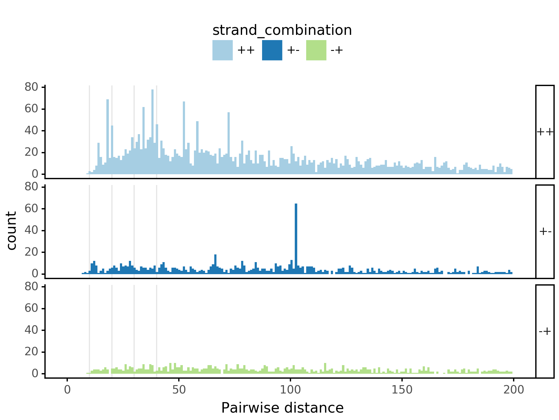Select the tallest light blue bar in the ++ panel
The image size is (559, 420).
click(x=152, y=133)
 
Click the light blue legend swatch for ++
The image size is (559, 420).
click(x=222, y=50)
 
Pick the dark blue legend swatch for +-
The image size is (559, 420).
click(x=272, y=50)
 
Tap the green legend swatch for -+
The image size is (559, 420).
click(x=316, y=50)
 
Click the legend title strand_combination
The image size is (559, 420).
click(x=282, y=30)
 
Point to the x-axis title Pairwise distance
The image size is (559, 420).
click(x=282, y=408)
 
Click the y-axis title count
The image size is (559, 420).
click(x=12, y=231)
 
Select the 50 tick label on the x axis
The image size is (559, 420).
click(x=179, y=390)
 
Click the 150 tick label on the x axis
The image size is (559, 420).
click(x=402, y=390)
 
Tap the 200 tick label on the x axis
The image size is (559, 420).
click(x=513, y=390)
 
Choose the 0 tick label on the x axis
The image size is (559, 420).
click(x=67, y=390)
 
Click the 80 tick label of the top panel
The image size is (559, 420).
click(x=31, y=87)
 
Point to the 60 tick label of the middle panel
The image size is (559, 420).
click(x=31, y=209)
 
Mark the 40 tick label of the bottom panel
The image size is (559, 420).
click(x=31, y=330)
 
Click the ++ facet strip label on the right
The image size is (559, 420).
click(x=545, y=132)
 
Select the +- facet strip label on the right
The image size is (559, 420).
click(x=545, y=232)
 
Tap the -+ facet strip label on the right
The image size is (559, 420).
click(x=545, y=331)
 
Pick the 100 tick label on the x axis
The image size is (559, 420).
click(x=290, y=390)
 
